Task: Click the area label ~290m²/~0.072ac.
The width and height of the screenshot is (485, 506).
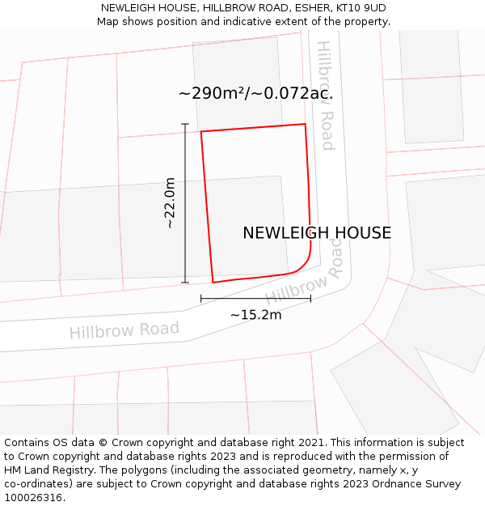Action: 255,94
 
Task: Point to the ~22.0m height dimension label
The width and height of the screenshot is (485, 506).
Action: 170,203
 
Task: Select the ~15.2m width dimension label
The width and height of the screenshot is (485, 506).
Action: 255,315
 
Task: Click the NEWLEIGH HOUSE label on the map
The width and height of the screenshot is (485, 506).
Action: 317,233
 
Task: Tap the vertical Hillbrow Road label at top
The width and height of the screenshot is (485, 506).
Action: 325,96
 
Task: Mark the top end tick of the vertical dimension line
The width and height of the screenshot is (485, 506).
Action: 185,124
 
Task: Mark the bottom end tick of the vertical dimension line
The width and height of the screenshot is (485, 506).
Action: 185,283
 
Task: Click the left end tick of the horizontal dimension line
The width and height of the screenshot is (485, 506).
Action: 201,299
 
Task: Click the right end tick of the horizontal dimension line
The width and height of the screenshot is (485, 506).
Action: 310,299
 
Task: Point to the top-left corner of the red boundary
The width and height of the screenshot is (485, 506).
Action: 201,131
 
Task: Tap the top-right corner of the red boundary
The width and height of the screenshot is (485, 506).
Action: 305,124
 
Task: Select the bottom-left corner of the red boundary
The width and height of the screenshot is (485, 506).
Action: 213,283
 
